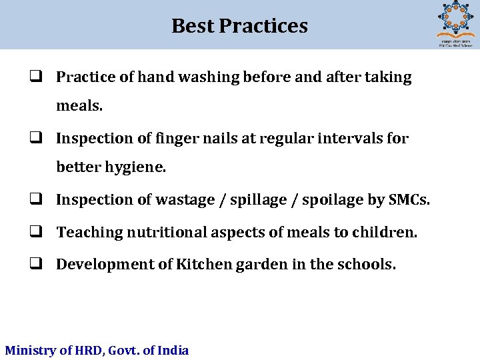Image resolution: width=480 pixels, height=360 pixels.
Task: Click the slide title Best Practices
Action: coord(239,25)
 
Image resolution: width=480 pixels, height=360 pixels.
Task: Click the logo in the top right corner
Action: coord(455,23)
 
